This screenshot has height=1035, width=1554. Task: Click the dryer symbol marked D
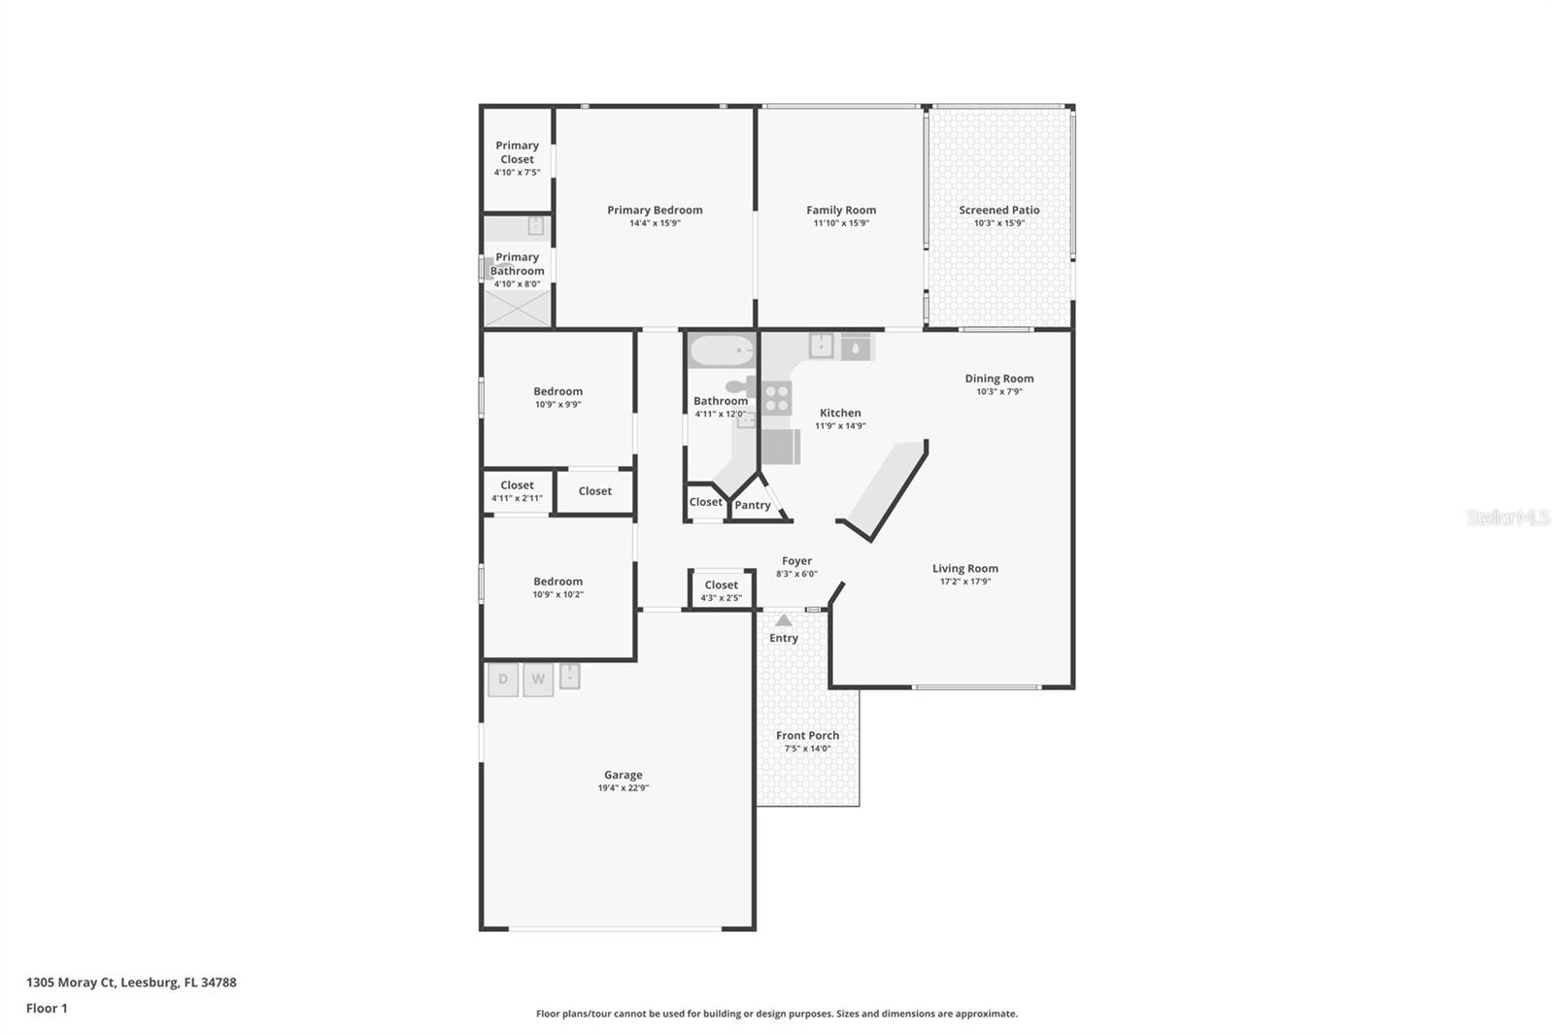coord(502,679)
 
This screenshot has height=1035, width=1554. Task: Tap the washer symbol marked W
coord(538,679)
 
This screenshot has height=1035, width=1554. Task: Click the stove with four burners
coord(776,398)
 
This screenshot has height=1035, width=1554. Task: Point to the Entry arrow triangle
coord(784,620)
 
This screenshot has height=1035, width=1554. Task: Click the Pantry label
coord(753,505)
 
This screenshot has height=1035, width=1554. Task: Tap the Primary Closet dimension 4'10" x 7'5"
coord(517,173)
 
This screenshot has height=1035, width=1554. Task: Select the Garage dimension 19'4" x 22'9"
coord(623,788)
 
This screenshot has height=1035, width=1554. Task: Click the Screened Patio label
coord(999,210)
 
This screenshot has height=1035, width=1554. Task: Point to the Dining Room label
coord(999,379)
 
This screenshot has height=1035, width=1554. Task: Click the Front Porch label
coord(807,735)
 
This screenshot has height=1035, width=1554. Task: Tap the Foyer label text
coord(796,561)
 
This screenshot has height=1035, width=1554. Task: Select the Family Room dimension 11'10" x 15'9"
coord(841,223)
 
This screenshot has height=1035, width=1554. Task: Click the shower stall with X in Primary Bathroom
coord(517,308)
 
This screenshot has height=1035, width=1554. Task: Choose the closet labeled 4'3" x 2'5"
coord(721,590)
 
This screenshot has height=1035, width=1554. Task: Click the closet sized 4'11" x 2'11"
coord(517,491)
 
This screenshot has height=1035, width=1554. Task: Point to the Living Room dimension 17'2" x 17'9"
coord(964,582)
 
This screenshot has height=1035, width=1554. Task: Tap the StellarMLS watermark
coord(1507,517)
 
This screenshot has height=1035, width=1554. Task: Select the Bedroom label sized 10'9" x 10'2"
coord(557,582)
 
